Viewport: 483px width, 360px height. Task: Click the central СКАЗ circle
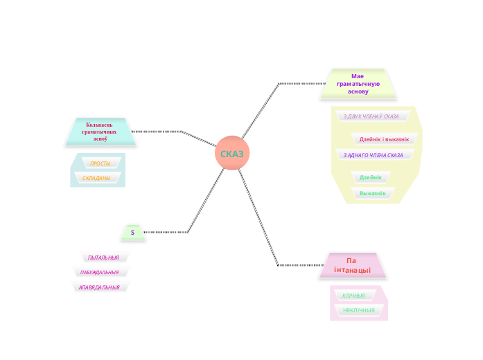231,153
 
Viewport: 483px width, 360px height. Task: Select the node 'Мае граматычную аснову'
358,84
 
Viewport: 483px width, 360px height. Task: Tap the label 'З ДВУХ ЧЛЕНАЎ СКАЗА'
371,116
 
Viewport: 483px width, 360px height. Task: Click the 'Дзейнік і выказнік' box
384,139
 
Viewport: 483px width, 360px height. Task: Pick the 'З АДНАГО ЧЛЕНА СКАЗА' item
373,155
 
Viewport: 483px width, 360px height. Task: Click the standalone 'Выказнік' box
372,193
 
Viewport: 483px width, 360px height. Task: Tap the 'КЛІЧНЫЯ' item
353,296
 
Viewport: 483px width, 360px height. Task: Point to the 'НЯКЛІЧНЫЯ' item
358,310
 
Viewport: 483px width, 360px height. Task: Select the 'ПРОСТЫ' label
100,163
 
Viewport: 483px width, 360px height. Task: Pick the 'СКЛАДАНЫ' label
96,178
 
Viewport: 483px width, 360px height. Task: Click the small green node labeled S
132,233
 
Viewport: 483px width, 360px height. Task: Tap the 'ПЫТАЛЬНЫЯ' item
103,258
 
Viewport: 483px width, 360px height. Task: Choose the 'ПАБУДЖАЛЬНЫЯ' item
100,272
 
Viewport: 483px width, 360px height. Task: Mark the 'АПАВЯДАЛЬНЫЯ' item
99,287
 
